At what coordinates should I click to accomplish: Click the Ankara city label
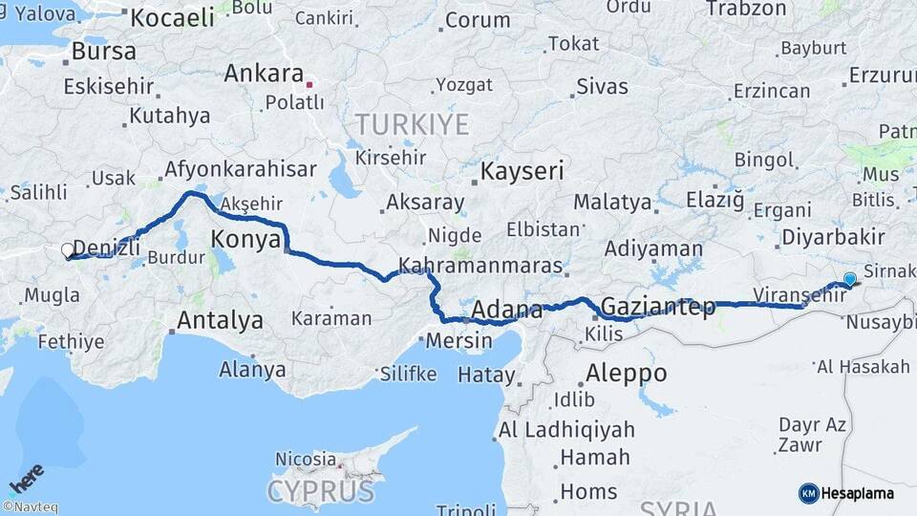tap(264, 73)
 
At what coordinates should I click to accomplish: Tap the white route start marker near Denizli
tap(68, 251)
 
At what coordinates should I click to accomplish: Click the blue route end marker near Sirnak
tap(849, 279)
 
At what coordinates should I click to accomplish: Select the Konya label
tap(245, 238)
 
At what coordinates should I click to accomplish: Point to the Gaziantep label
tap(658, 308)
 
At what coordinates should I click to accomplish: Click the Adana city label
tap(507, 311)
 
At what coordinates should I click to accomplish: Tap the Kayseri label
tap(522, 172)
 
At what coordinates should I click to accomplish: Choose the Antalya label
tap(220, 320)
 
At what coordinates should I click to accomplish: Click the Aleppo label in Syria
tap(626, 373)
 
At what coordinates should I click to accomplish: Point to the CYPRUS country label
tap(320, 491)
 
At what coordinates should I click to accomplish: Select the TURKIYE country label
tap(412, 124)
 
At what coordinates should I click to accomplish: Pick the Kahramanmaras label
tap(480, 266)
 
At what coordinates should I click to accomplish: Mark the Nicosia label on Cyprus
tap(306, 460)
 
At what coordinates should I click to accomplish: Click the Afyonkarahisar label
tap(240, 169)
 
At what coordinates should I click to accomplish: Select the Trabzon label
tap(746, 9)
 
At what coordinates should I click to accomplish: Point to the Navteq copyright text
tap(31, 507)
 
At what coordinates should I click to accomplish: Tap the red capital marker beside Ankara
tap(309, 84)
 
